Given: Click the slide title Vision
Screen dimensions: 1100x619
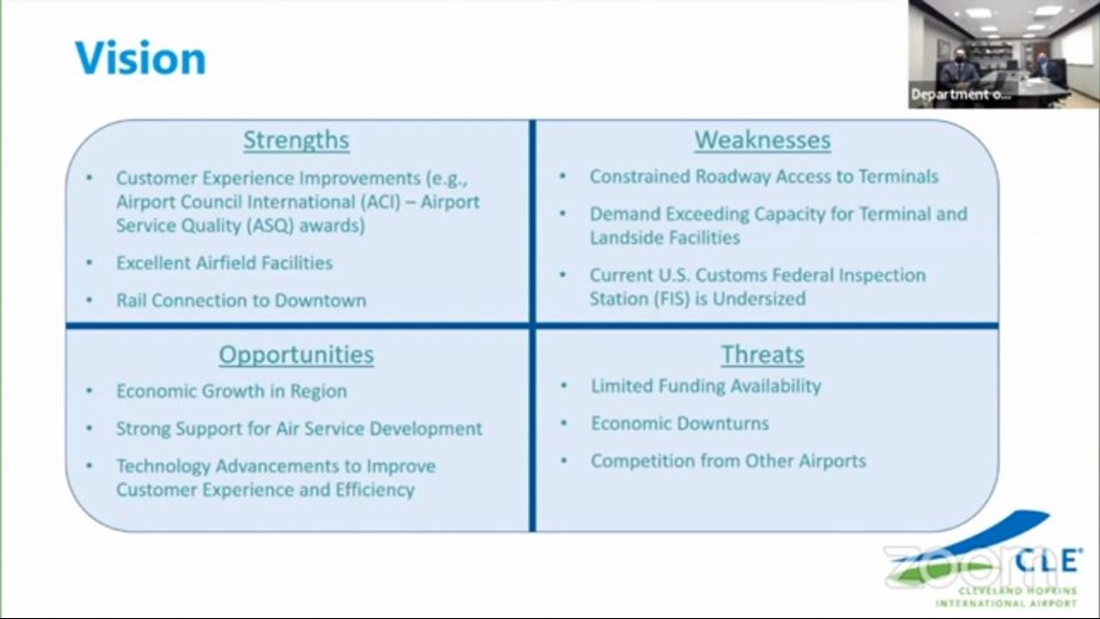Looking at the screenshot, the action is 140,58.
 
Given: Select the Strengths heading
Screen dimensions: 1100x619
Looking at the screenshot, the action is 296,140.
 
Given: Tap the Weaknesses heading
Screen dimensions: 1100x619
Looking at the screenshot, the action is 762,140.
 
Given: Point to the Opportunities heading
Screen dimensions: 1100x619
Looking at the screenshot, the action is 296,354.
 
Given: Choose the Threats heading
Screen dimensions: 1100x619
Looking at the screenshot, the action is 762,354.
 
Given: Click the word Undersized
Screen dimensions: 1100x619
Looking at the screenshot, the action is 759,299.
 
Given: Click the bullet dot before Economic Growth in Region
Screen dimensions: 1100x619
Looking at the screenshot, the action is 89,390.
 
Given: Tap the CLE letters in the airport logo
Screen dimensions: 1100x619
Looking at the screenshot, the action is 1047,560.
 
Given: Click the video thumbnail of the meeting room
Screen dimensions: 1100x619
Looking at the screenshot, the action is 1004,54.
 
